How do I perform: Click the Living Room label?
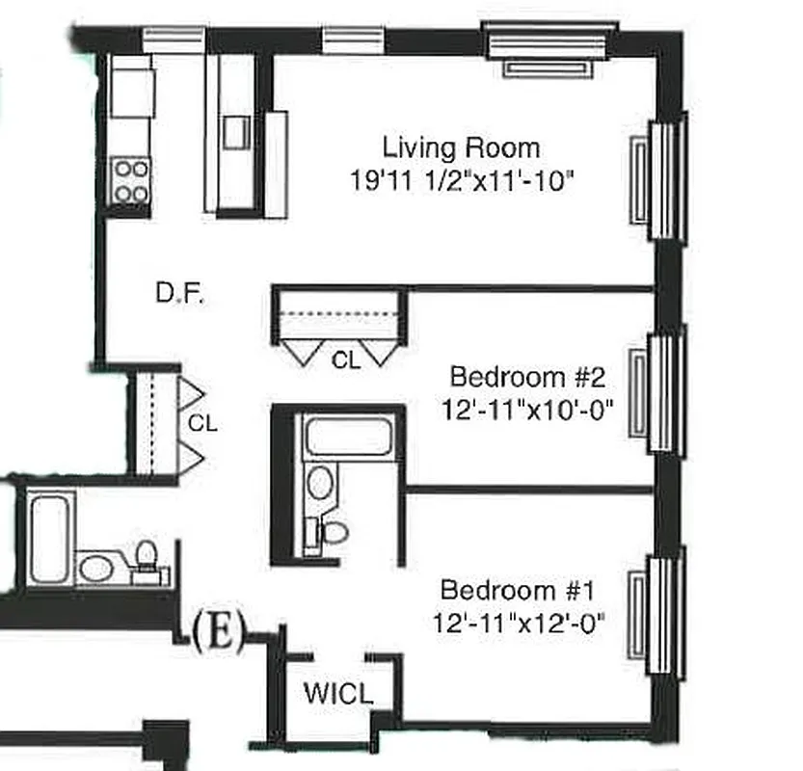click(461, 148)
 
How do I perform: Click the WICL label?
click(337, 693)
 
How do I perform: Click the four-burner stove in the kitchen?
click(131, 180)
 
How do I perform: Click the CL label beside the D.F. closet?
click(202, 422)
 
